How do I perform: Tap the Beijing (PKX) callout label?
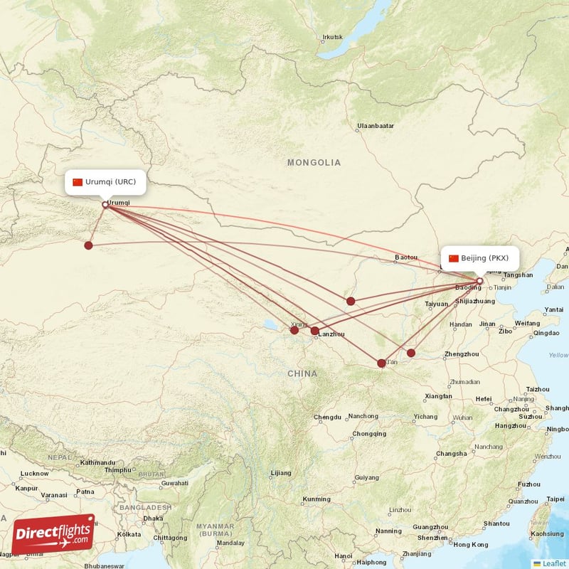[x=479, y=258]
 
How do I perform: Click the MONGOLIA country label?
[x=314, y=163]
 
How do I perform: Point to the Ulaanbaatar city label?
[x=376, y=127]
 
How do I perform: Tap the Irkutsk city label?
[x=332, y=37]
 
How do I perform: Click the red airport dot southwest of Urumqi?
[x=88, y=245]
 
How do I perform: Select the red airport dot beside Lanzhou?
[x=315, y=331]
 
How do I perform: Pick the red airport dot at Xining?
[x=294, y=330]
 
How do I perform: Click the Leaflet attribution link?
[x=554, y=563]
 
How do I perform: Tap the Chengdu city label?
[x=327, y=417]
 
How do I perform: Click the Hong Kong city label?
[x=471, y=544]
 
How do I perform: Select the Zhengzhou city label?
[x=461, y=354]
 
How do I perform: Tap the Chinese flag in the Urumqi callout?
[x=78, y=182]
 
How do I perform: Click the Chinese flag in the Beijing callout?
[x=453, y=258]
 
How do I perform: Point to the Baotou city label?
[x=406, y=257]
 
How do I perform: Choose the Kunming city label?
[x=317, y=499]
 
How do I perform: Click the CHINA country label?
[x=302, y=373]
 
